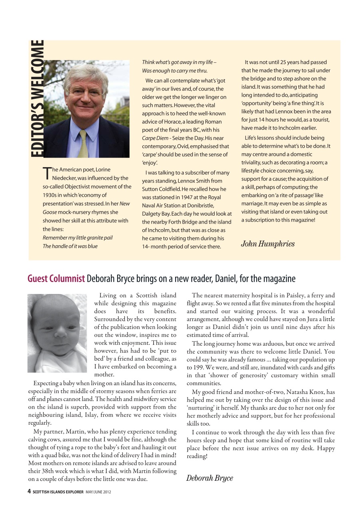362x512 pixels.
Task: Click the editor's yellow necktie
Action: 83,144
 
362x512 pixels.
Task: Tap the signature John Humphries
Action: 267,244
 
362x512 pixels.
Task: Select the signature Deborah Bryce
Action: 209,478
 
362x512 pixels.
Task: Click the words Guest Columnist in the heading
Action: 56,278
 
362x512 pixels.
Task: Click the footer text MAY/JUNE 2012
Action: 98,492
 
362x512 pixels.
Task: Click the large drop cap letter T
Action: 46,173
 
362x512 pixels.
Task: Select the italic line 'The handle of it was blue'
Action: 70,246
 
